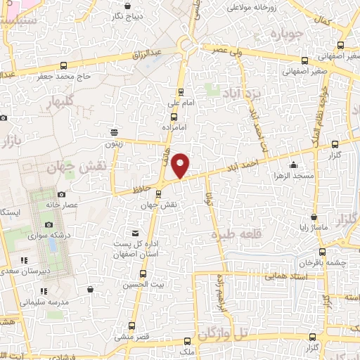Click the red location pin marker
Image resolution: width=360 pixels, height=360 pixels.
click(181, 166)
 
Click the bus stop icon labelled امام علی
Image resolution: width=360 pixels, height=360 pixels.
click(181, 91)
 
